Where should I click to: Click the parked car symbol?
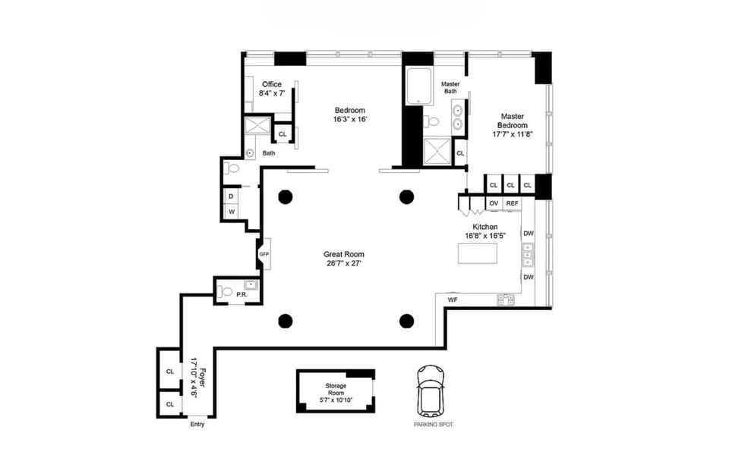pyautogui.click(x=431, y=391)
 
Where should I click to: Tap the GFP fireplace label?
pyautogui.click(x=264, y=254)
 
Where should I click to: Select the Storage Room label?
pyautogui.click(x=336, y=389)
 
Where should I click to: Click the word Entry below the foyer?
pyautogui.click(x=197, y=424)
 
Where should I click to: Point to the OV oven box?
pyautogui.click(x=494, y=203)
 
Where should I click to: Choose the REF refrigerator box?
pyautogui.click(x=512, y=203)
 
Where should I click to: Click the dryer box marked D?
pyautogui.click(x=231, y=196)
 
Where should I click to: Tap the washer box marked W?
pyautogui.click(x=231, y=212)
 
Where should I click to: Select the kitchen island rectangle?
pyautogui.click(x=477, y=253)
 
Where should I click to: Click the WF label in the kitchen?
pyautogui.click(x=453, y=300)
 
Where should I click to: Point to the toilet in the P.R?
pyautogui.click(x=225, y=291)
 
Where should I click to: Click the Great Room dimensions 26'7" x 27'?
pyautogui.click(x=344, y=263)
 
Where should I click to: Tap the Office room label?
pyautogui.click(x=272, y=84)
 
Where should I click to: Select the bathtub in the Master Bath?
pyautogui.click(x=419, y=86)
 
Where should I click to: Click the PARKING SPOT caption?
pyautogui.click(x=434, y=425)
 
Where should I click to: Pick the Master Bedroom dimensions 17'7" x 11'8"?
pyautogui.click(x=513, y=134)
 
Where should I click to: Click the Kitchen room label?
pyautogui.click(x=485, y=227)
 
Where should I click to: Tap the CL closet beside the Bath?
pyautogui.click(x=282, y=134)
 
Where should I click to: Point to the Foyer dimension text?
pyautogui.click(x=194, y=378)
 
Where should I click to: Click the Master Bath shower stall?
pyautogui.click(x=437, y=152)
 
